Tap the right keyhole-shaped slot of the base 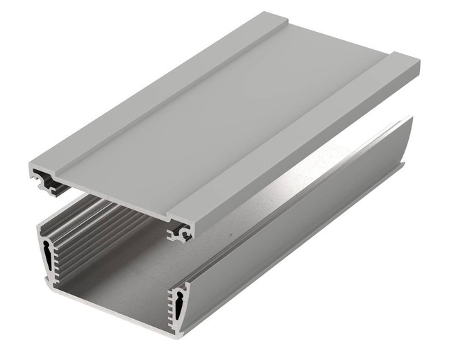[x=179, y=304]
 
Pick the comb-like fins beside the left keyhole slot [x=56, y=253]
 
